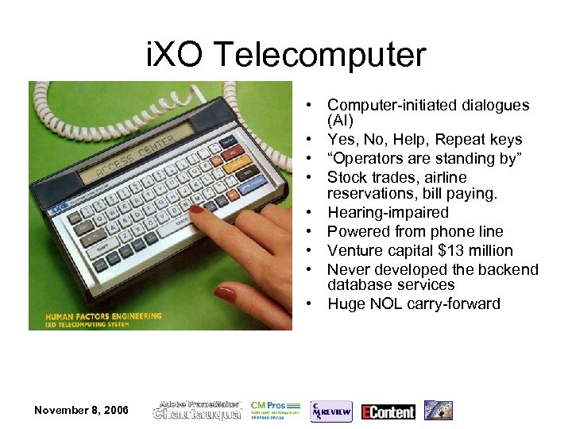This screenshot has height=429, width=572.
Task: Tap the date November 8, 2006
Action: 81,409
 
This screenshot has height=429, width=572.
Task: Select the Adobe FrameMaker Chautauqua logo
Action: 198,410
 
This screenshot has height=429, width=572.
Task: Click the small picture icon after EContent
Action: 438,410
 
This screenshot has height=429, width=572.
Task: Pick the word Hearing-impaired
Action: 388,212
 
